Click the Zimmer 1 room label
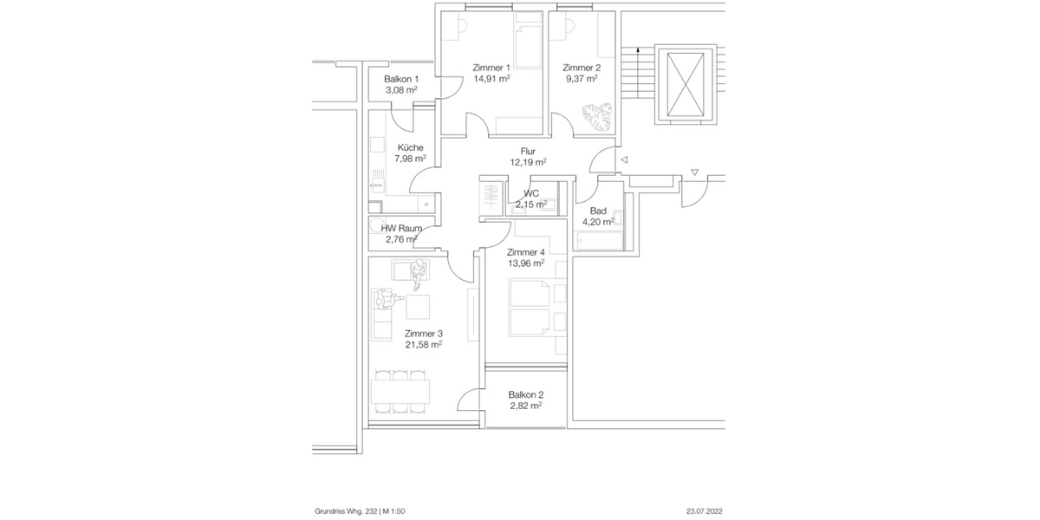coord(491,68)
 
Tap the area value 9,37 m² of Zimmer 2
coord(580,79)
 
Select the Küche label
coord(410,147)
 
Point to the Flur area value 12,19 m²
coord(528,162)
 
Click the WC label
coord(531,193)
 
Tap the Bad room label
coord(598,211)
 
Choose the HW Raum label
coord(401,228)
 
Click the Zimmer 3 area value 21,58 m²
coord(423,344)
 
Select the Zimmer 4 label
coord(526,252)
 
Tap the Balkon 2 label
coord(526,394)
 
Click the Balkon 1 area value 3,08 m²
coord(401,90)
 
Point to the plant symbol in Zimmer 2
coord(597,116)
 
